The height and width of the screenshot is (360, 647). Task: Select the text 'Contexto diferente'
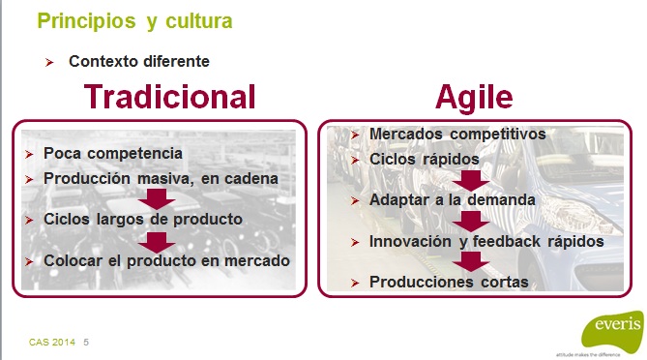138,61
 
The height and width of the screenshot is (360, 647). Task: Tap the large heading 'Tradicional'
169,97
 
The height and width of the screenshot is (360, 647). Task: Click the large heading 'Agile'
474,97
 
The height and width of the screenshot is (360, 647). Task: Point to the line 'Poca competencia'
112,153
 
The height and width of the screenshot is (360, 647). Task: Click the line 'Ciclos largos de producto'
142,219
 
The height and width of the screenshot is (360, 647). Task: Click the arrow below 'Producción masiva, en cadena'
156,198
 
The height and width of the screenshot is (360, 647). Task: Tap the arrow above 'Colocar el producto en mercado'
156,240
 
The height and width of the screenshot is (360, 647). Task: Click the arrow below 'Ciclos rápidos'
470,179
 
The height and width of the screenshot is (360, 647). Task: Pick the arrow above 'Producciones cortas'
470,261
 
